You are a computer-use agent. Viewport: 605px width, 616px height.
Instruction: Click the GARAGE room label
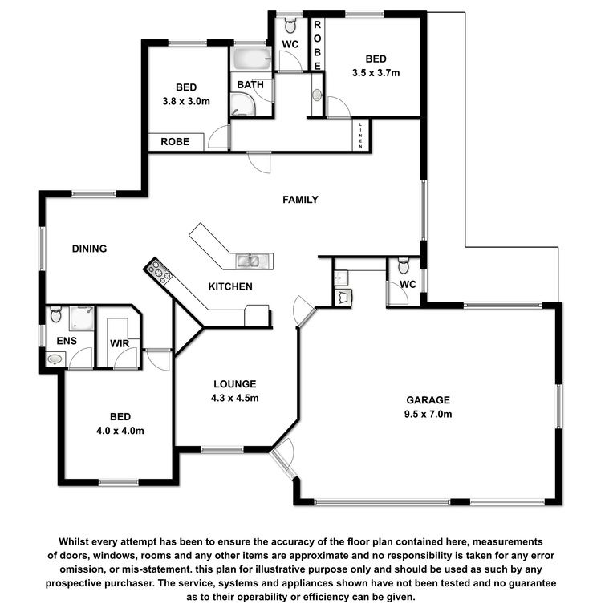tap(428, 400)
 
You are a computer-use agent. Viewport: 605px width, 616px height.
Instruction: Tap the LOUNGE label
tap(234, 384)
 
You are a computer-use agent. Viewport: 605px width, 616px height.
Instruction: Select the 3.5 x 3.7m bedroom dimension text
tap(376, 73)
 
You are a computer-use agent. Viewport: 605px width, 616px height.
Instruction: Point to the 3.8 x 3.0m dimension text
tap(186, 101)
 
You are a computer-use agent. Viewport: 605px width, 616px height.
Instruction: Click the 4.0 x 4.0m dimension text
tap(120, 431)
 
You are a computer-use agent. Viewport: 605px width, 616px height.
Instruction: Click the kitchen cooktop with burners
tap(158, 271)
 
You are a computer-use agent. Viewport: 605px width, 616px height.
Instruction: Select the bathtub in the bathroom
tap(252, 59)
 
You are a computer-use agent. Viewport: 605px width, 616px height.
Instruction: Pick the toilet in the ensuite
tap(56, 314)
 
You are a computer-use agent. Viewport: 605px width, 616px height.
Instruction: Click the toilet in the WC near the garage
tap(404, 266)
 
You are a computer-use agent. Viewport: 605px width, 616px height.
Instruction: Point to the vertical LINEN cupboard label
tap(360, 136)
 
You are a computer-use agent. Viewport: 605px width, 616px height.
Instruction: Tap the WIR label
tap(120, 344)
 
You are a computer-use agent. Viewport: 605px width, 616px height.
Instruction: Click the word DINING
tap(89, 249)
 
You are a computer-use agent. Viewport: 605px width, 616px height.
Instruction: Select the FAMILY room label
tap(300, 200)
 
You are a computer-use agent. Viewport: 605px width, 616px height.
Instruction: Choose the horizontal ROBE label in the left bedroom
tap(175, 141)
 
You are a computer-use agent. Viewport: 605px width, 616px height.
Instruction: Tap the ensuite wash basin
tap(55, 359)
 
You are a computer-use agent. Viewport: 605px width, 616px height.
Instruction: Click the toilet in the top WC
tap(290, 26)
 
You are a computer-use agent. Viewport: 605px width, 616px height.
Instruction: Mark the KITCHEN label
tap(230, 286)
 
